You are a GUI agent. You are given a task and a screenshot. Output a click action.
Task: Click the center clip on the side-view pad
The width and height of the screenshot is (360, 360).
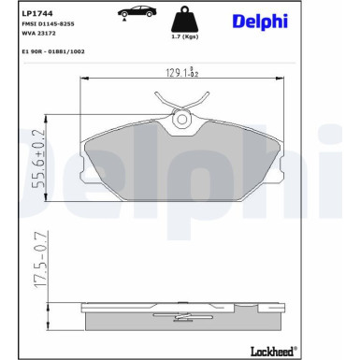tap(182, 309)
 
